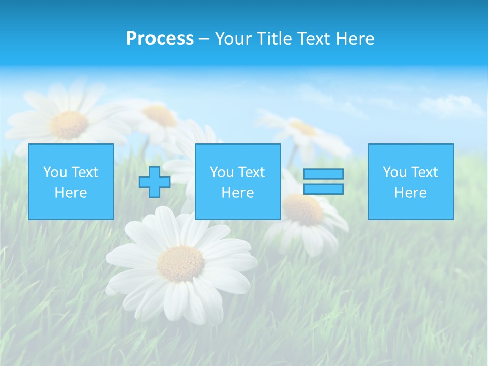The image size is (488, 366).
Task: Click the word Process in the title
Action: point(160,39)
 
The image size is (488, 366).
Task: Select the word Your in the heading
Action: point(234,39)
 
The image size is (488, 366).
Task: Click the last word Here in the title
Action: point(356,39)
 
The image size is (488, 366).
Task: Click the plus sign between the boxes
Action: point(155,182)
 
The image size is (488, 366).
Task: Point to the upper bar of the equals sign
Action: point(323,174)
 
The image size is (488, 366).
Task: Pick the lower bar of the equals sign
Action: point(323,189)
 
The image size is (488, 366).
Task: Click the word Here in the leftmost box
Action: point(71,193)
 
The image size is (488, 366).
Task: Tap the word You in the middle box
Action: point(222,172)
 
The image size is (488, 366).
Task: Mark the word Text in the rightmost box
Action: point(424,172)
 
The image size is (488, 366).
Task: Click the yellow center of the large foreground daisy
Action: point(180,264)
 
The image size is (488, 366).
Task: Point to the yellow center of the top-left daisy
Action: point(70,125)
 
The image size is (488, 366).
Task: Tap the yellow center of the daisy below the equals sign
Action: point(303,209)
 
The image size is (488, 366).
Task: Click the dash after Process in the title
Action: point(204,39)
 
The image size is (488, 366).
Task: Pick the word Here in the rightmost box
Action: point(410,193)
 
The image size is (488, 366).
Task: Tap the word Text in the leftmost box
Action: point(85,172)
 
